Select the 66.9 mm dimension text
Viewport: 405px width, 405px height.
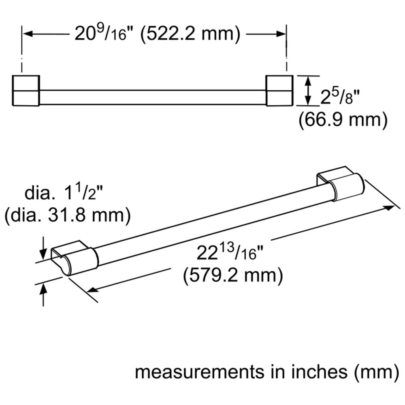343,120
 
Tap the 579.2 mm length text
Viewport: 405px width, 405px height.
233,275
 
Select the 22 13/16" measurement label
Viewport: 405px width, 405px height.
230,252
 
